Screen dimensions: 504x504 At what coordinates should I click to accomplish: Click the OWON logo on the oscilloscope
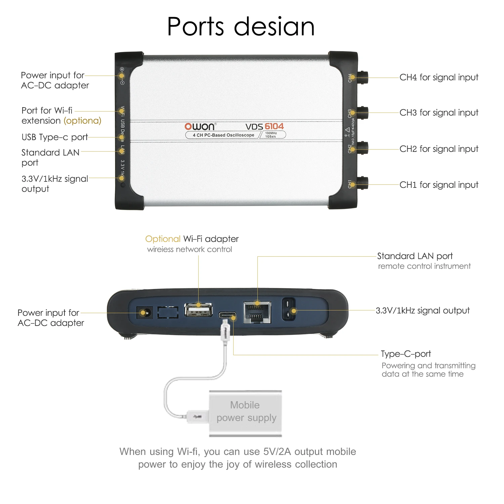200,126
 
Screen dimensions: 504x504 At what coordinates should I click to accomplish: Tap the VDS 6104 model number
264,126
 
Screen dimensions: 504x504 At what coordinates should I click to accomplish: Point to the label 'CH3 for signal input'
439,113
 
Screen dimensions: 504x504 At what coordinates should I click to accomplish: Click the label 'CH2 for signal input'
439,149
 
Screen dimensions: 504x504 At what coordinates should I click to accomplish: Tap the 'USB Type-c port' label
55,137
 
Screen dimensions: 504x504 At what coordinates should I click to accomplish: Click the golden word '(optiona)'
82,121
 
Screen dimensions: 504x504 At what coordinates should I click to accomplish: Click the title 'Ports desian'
241,27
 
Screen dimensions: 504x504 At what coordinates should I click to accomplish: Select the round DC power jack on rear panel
144,313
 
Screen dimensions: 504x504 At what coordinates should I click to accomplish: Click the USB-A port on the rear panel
199,310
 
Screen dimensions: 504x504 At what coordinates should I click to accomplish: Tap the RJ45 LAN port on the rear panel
257,312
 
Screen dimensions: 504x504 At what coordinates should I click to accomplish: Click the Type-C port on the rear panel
227,316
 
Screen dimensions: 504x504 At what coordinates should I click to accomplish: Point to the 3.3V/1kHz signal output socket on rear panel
289,309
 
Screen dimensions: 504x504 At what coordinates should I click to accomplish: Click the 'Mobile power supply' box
246,413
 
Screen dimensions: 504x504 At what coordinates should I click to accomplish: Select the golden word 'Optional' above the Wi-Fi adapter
163,239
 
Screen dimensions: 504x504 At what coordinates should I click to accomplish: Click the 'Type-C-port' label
406,354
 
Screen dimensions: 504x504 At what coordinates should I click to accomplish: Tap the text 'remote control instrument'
424,266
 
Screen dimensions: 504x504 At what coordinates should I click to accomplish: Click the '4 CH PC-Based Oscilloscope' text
223,135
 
